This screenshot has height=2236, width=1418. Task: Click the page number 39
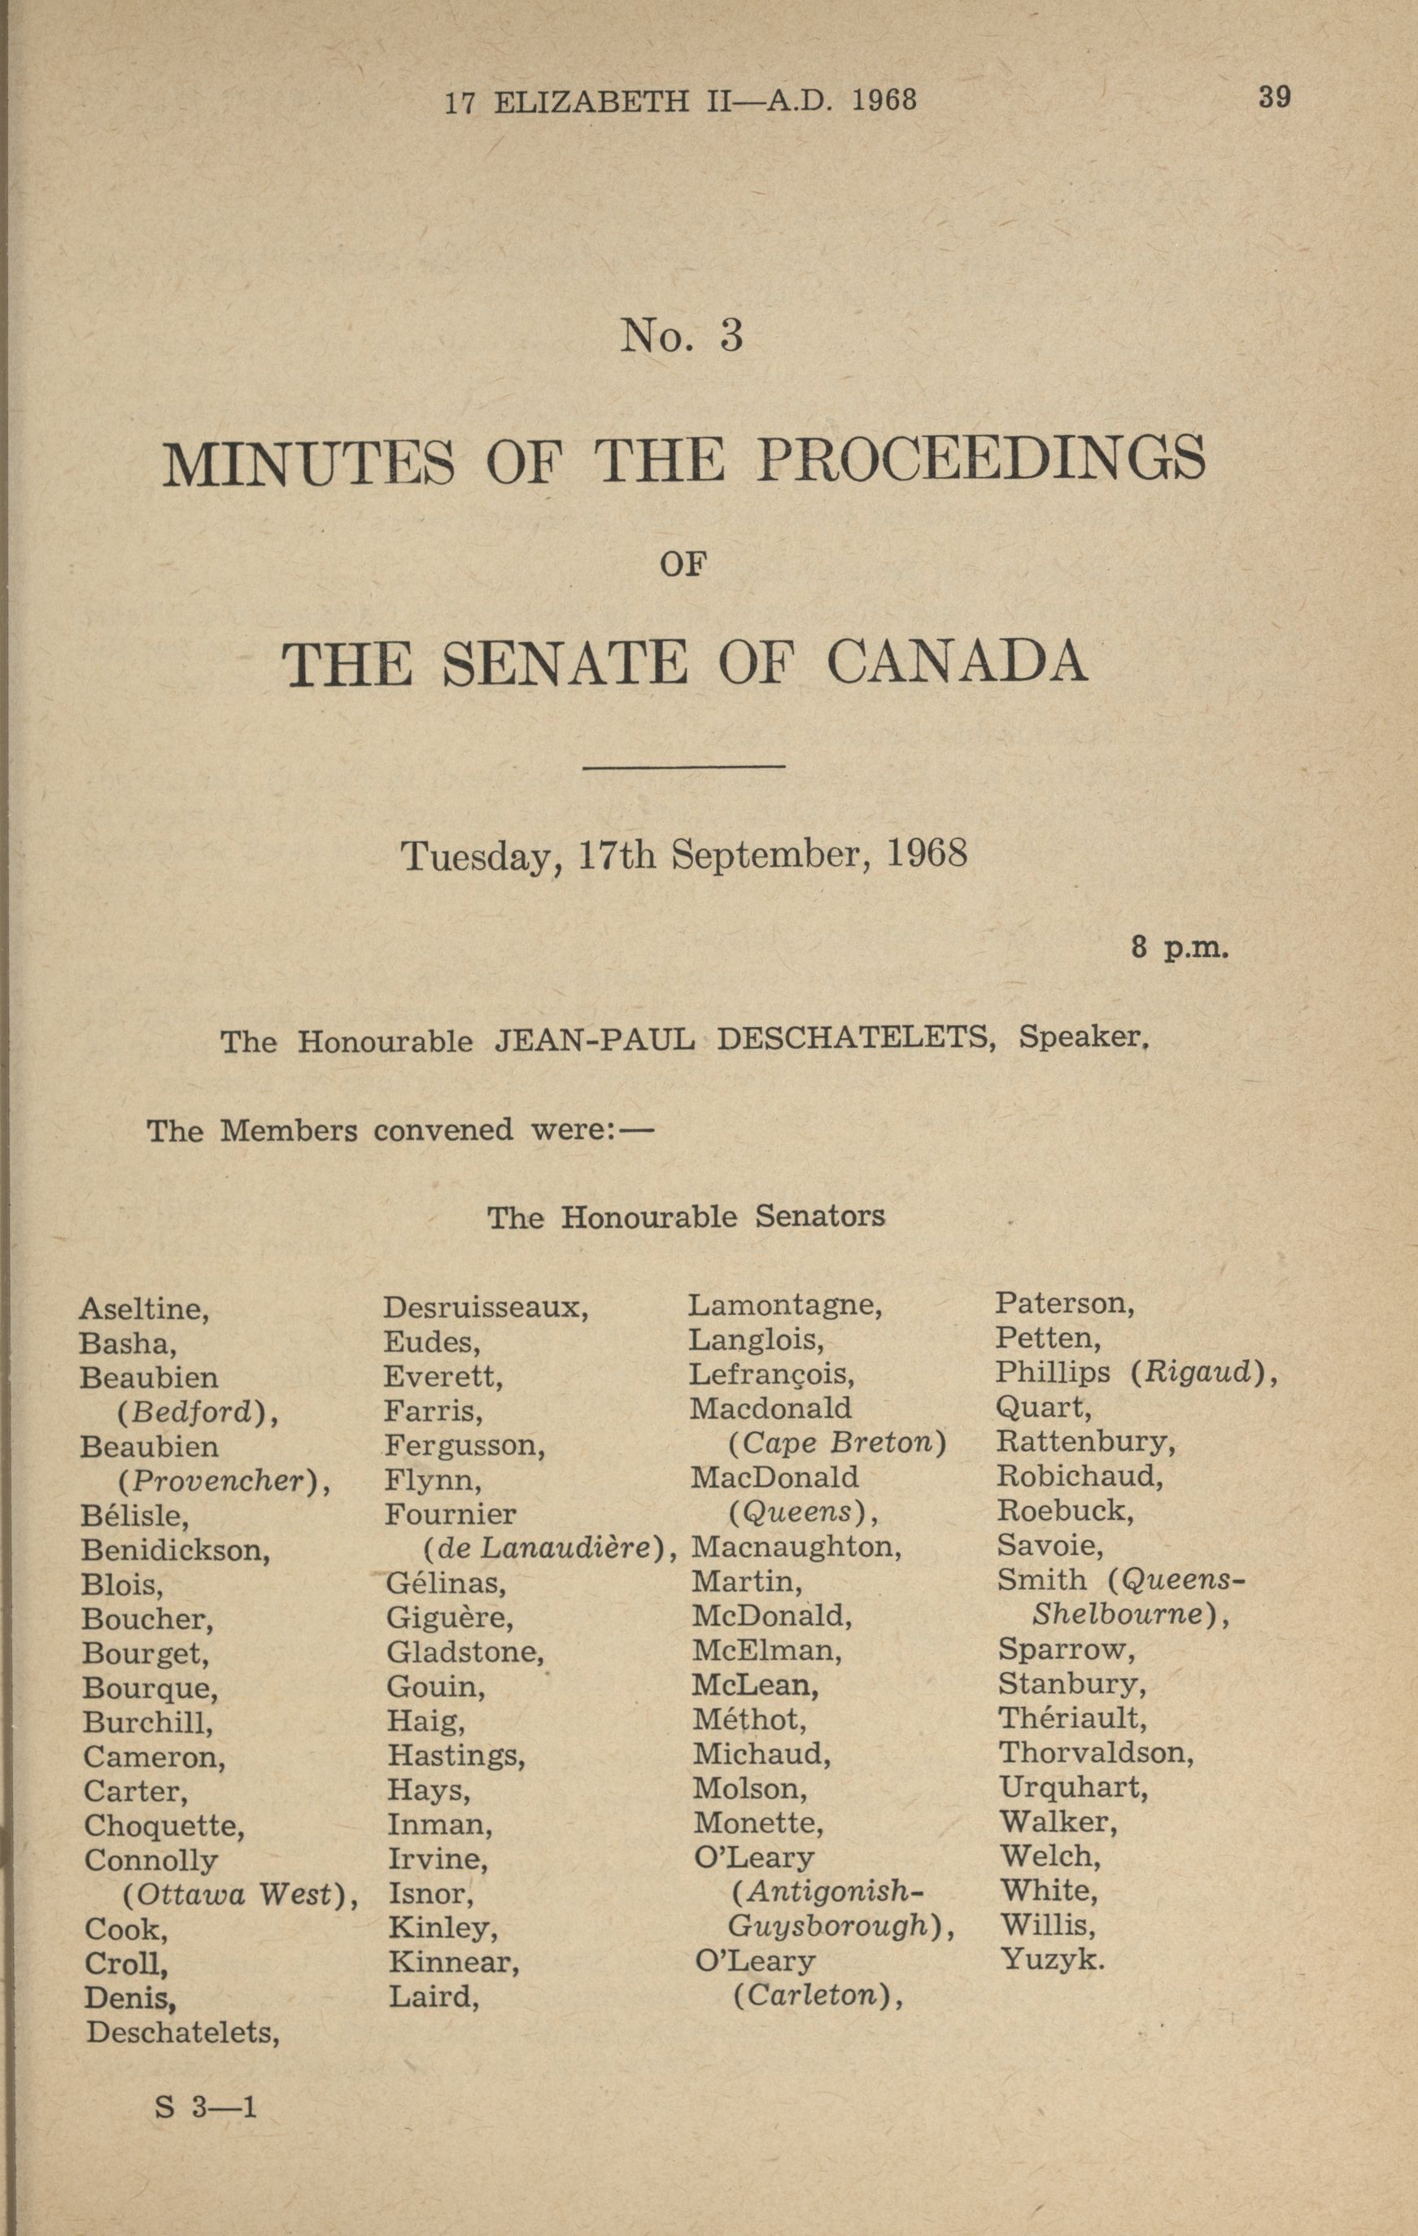tap(1274, 97)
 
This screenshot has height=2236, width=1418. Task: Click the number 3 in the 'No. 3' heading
tap(731, 335)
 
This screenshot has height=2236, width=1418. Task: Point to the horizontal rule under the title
tap(683, 766)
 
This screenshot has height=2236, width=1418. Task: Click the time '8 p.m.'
tap(1180, 949)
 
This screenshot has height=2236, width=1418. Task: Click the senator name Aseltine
tap(144, 1309)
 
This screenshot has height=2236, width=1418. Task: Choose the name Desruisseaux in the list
tap(486, 1308)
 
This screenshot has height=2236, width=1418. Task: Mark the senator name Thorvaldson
tap(1096, 1753)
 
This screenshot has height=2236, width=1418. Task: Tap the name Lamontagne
tap(785, 1306)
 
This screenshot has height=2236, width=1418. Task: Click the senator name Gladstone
tap(465, 1652)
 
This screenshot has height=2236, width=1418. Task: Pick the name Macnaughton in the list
tap(796, 1547)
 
